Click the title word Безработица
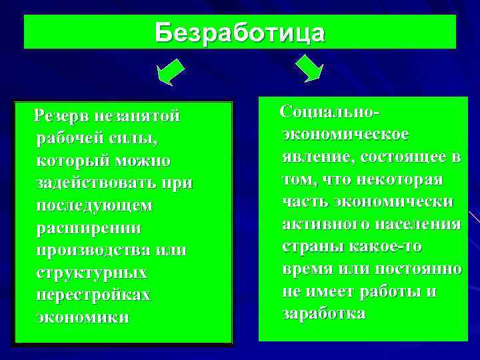(240, 32)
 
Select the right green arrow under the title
(309, 69)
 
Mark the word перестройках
(94, 295)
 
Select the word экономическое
(345, 133)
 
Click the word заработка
(324, 313)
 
